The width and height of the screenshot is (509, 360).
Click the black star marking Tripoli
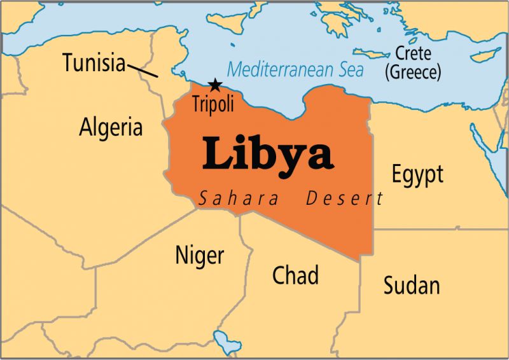(215, 84)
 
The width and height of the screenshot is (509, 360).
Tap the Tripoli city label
(213, 103)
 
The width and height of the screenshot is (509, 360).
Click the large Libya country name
(268, 155)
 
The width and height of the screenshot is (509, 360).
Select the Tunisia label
(94, 62)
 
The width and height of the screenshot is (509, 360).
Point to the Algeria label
(111, 127)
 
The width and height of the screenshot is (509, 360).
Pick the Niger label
(199, 256)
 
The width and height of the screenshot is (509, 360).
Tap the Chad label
(295, 275)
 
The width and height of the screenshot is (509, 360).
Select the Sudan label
(411, 285)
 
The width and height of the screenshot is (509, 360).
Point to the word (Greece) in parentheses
(412, 72)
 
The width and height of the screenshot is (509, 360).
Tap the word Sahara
(239, 199)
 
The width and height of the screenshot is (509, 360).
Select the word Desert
(344, 199)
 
